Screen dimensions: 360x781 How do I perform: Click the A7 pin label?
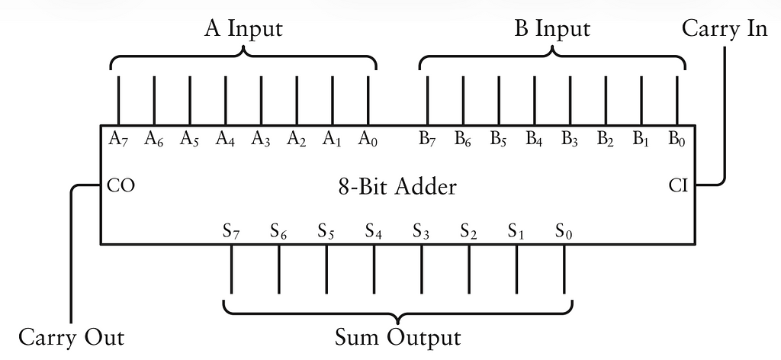point(118,139)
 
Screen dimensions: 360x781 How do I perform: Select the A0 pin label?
point(368,139)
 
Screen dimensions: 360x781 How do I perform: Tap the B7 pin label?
point(427,139)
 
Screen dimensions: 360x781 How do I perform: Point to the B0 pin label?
point(677,139)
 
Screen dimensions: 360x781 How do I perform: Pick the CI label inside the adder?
point(678,185)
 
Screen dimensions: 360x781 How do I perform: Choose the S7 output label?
point(231,230)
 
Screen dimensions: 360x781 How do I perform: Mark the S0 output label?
point(564,230)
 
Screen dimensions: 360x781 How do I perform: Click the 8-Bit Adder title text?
point(397,186)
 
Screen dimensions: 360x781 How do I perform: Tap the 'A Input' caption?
point(243,29)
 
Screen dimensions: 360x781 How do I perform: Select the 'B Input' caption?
point(551,29)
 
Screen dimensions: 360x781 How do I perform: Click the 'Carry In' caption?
point(724,29)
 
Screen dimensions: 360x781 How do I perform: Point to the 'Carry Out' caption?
point(70,336)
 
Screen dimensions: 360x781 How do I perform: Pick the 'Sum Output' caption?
point(397,336)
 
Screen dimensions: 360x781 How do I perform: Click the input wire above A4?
point(225,99)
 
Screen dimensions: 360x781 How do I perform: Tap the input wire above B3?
point(570,99)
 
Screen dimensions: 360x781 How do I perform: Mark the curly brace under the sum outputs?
point(397,309)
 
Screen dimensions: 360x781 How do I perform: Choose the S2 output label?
point(469,230)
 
